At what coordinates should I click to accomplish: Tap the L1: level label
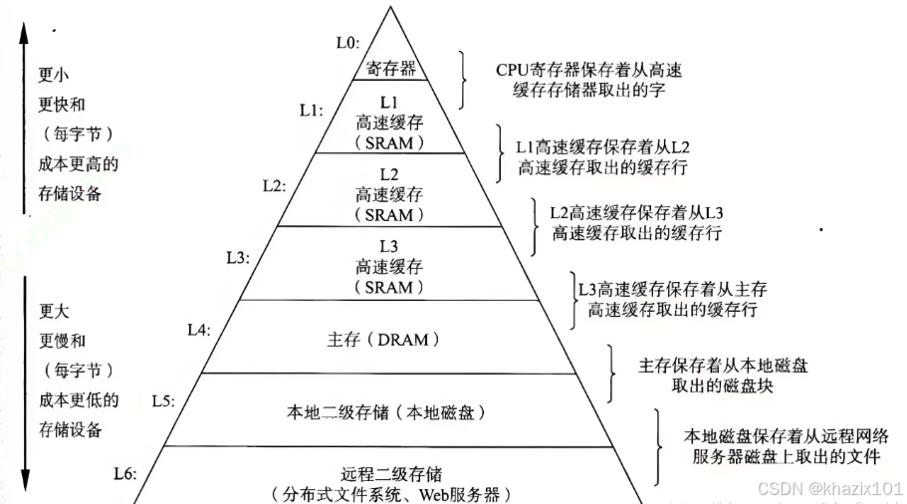[x=311, y=111]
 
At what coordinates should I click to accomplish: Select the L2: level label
[x=274, y=185]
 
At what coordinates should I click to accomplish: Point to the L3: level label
[x=237, y=257]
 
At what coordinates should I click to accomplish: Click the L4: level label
[x=199, y=328]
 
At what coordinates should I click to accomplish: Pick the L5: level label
[x=163, y=400]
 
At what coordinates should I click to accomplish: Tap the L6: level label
[x=126, y=472]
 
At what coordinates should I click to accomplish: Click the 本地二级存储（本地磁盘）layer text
[x=390, y=410]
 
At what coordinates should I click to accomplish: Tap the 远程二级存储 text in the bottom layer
[x=390, y=473]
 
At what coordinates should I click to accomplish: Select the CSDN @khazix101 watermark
[x=829, y=488]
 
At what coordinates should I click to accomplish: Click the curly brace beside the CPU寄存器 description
[x=462, y=80]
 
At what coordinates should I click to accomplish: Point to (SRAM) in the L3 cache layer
[x=390, y=287]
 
